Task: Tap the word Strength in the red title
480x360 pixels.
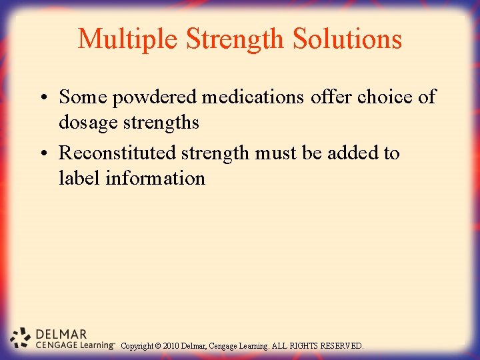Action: tap(234, 39)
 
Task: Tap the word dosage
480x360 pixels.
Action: tap(88, 123)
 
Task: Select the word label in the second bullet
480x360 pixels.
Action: tap(79, 178)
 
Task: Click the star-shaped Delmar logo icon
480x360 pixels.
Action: tap(21, 338)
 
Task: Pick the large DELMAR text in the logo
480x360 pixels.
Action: tap(61, 334)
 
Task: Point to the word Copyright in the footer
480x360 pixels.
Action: tap(139, 346)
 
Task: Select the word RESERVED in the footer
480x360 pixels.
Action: tap(342, 346)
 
